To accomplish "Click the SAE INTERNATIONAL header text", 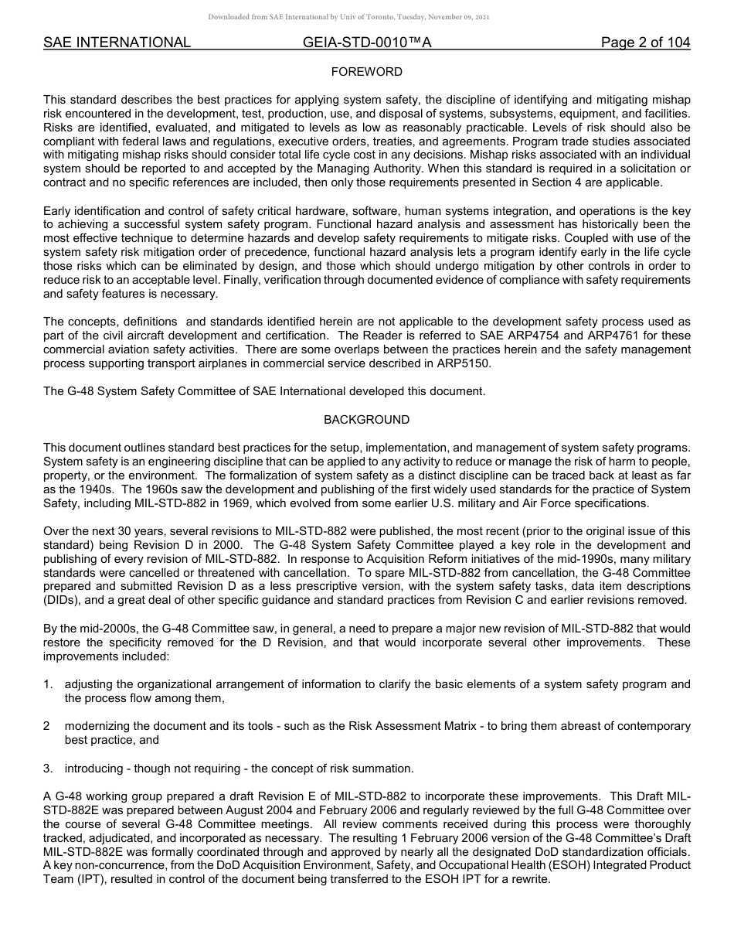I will pyautogui.click(x=117, y=43).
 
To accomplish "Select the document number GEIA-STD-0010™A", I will pyautogui.click(x=367, y=43).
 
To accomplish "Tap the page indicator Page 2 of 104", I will pyautogui.click(x=645, y=43).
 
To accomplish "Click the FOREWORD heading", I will pyautogui.click(x=366, y=72).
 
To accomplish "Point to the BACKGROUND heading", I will pyautogui.click(x=366, y=420).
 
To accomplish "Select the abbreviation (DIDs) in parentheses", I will pyautogui.click(x=63, y=601).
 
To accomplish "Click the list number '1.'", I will pyautogui.click(x=48, y=684).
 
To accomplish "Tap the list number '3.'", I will pyautogui.click(x=48, y=769).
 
